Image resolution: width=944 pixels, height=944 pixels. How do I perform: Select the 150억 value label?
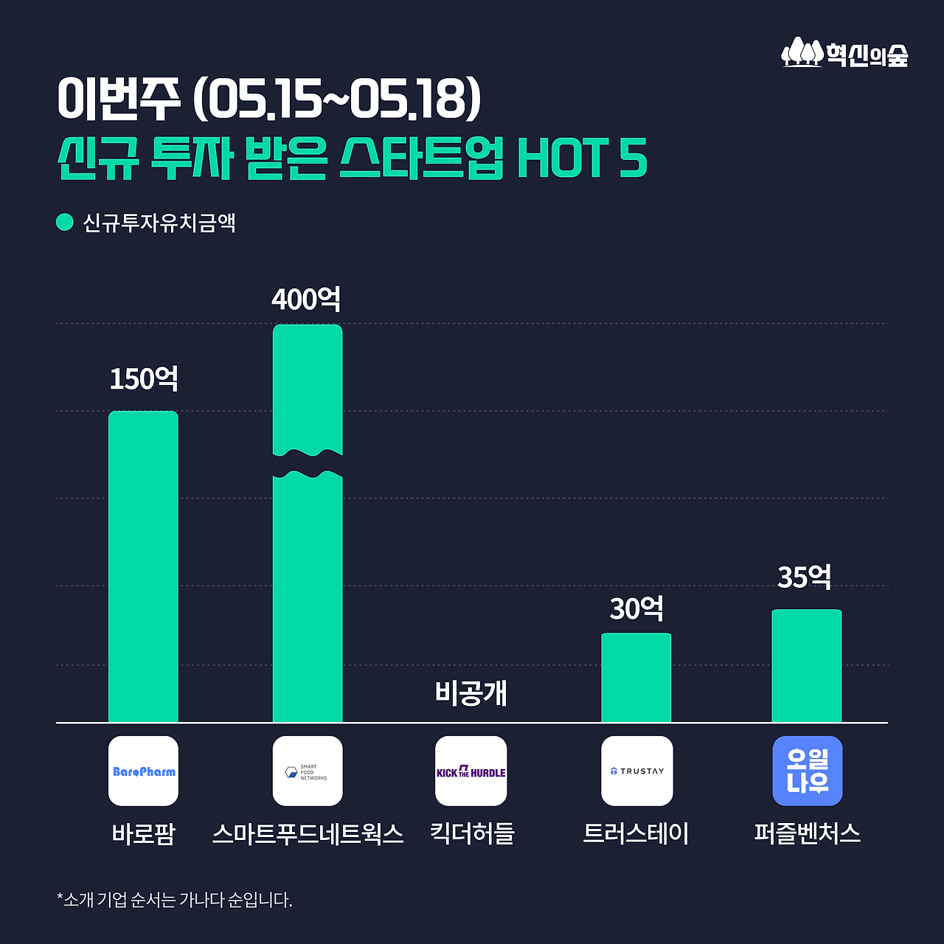(144, 379)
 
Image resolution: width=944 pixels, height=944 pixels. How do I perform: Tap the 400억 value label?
(307, 299)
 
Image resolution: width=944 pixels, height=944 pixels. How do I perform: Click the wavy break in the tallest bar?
(308, 464)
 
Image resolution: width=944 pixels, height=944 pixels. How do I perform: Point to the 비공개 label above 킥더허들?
(471, 693)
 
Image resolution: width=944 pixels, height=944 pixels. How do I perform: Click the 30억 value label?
(636, 609)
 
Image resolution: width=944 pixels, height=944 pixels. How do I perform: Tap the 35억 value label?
(805, 577)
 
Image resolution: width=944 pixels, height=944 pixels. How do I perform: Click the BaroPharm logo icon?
(144, 771)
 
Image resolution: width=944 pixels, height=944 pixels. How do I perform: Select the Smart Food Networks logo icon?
(308, 771)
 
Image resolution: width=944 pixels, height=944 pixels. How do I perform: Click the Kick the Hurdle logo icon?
(471, 771)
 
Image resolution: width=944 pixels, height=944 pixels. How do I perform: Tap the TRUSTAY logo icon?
(636, 771)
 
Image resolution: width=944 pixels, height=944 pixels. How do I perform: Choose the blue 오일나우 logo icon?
(807, 771)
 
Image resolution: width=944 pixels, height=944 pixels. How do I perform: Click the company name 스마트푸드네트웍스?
(308, 834)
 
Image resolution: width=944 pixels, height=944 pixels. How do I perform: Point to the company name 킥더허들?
(472, 834)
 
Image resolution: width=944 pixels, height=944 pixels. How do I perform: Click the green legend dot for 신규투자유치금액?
(65, 222)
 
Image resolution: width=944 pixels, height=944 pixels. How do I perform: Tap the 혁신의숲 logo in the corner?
(844, 53)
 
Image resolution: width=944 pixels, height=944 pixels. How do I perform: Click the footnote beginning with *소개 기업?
(175, 900)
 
